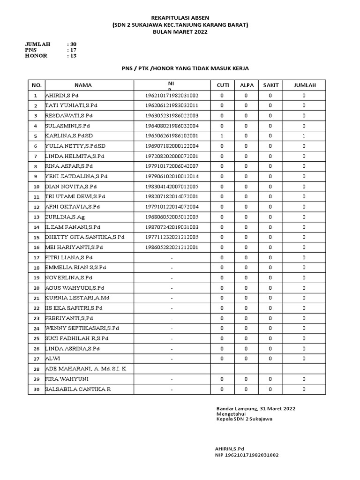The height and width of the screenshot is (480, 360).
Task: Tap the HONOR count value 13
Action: [73, 56]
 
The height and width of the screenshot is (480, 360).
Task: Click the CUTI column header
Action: [222, 85]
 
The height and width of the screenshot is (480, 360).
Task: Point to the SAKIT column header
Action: [270, 85]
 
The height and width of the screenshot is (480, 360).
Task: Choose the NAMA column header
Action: [83, 85]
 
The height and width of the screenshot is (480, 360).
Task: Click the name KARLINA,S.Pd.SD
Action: [69, 136]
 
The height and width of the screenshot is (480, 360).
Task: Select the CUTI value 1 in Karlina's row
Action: [222, 136]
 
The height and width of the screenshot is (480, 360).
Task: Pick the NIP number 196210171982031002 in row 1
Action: [172, 95]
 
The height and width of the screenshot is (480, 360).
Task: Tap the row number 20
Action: [35, 288]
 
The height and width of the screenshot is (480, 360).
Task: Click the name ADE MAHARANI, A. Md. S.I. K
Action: [85, 369]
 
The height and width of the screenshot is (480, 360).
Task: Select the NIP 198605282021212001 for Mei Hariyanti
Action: [172, 247]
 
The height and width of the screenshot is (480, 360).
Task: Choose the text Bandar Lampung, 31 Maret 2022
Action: [255, 409]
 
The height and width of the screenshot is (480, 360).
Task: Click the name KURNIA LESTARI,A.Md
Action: [77, 298]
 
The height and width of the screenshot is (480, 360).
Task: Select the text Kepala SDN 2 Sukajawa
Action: [244, 419]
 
